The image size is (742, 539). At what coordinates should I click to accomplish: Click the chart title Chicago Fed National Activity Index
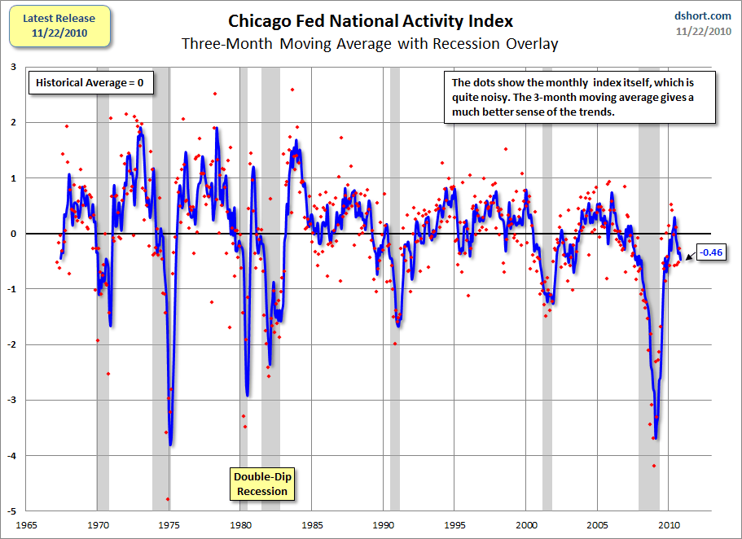point(371,20)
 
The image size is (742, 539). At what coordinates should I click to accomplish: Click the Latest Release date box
point(59,25)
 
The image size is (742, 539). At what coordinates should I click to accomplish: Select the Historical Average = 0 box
point(90,82)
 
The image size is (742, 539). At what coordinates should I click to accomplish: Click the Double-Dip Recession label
point(261,484)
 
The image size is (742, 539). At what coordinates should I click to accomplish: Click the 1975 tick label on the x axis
point(169,526)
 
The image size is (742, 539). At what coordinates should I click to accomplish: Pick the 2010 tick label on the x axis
point(669,526)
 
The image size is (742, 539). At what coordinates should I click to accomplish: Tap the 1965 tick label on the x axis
point(27,526)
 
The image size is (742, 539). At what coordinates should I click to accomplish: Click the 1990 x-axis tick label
point(384,526)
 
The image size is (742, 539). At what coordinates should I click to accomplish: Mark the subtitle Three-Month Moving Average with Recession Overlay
point(371,44)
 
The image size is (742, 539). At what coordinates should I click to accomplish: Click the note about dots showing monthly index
point(579,98)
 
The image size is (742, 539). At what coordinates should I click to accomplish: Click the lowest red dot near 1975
point(168,499)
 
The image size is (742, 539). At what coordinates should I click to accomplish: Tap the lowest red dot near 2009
point(653,466)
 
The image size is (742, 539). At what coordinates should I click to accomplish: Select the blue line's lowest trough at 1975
point(170,444)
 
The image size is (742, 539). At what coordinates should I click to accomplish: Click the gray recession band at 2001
point(547,326)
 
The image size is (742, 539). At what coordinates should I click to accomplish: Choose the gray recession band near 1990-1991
point(395,366)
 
